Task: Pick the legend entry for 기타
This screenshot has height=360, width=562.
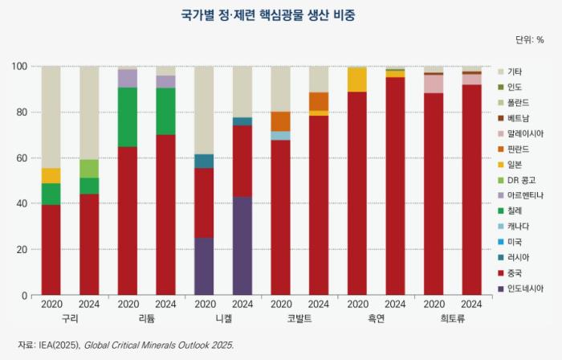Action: (x=516, y=72)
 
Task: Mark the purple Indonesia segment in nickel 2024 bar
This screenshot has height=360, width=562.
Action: (x=242, y=246)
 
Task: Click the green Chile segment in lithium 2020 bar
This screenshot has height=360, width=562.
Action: (x=128, y=117)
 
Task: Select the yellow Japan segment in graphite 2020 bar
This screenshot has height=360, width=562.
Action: (x=356, y=80)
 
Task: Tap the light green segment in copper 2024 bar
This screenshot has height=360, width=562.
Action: (x=89, y=168)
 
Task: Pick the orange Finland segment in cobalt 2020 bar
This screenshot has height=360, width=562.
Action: (x=280, y=121)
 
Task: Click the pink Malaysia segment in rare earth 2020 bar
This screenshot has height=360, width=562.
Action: (x=434, y=84)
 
